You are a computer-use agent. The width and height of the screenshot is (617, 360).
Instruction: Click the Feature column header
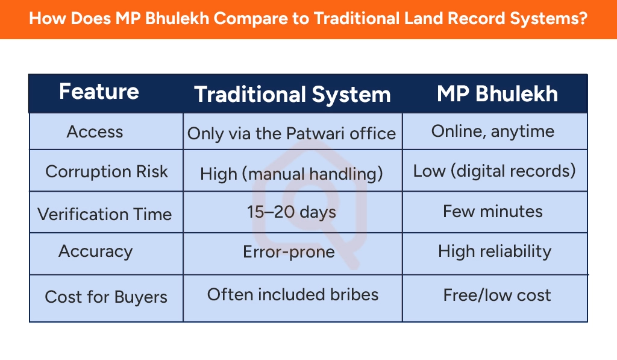[99, 92]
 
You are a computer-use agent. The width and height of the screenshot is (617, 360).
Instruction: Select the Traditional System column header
[292, 95]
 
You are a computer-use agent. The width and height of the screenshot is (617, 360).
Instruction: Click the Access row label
[95, 131]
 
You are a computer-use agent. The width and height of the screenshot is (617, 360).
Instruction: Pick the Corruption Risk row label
[106, 171]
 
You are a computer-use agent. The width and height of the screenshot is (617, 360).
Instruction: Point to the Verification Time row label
[105, 214]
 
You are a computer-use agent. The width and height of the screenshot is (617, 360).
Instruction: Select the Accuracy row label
[95, 251]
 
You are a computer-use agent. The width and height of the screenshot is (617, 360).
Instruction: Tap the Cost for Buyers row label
[106, 297]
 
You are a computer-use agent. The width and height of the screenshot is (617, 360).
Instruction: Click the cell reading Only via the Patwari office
[292, 133]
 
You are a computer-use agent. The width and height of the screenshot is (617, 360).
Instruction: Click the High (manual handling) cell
[292, 174]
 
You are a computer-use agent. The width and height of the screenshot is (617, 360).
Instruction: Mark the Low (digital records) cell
[494, 171]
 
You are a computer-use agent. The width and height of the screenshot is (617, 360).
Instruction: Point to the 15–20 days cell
[292, 212]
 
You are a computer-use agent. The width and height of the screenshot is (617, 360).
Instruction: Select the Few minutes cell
[493, 212]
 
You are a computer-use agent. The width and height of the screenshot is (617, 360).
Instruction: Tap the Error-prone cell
[289, 251]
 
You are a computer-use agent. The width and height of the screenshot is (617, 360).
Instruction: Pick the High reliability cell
[495, 251]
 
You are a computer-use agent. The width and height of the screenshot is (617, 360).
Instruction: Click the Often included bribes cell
[293, 294]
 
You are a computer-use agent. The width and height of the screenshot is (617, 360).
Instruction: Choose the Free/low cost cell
[497, 295]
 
